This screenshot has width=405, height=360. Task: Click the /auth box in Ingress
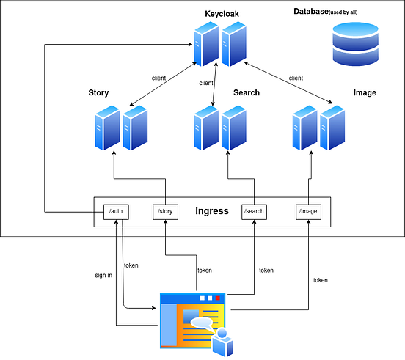tap(116, 212)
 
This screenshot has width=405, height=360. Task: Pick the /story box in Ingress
tap(165, 212)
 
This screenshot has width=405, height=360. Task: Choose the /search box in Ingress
tap(254, 212)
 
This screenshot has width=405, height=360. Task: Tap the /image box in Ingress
tap(308, 212)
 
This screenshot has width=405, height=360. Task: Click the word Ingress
tap(211, 212)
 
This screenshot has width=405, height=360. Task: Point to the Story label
tap(98, 93)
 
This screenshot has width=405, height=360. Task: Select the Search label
tap(247, 93)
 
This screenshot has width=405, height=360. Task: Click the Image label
tap(365, 93)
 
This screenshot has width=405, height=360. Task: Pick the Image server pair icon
tap(317, 128)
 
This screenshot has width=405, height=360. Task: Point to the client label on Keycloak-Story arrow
tap(158, 77)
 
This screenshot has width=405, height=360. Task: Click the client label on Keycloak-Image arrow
tap(296, 78)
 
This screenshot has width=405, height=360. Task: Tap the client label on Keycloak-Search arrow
tap(206, 83)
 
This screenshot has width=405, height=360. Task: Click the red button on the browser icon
tap(218, 298)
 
